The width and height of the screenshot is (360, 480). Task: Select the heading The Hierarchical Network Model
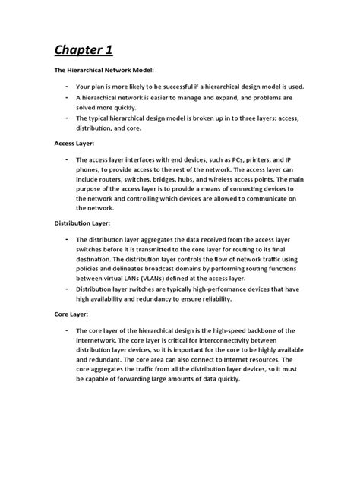tap(103, 70)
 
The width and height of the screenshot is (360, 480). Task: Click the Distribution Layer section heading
tap(82, 223)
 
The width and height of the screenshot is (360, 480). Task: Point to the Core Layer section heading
tap(71, 313)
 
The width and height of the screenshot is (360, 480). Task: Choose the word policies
tap(90, 269)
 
